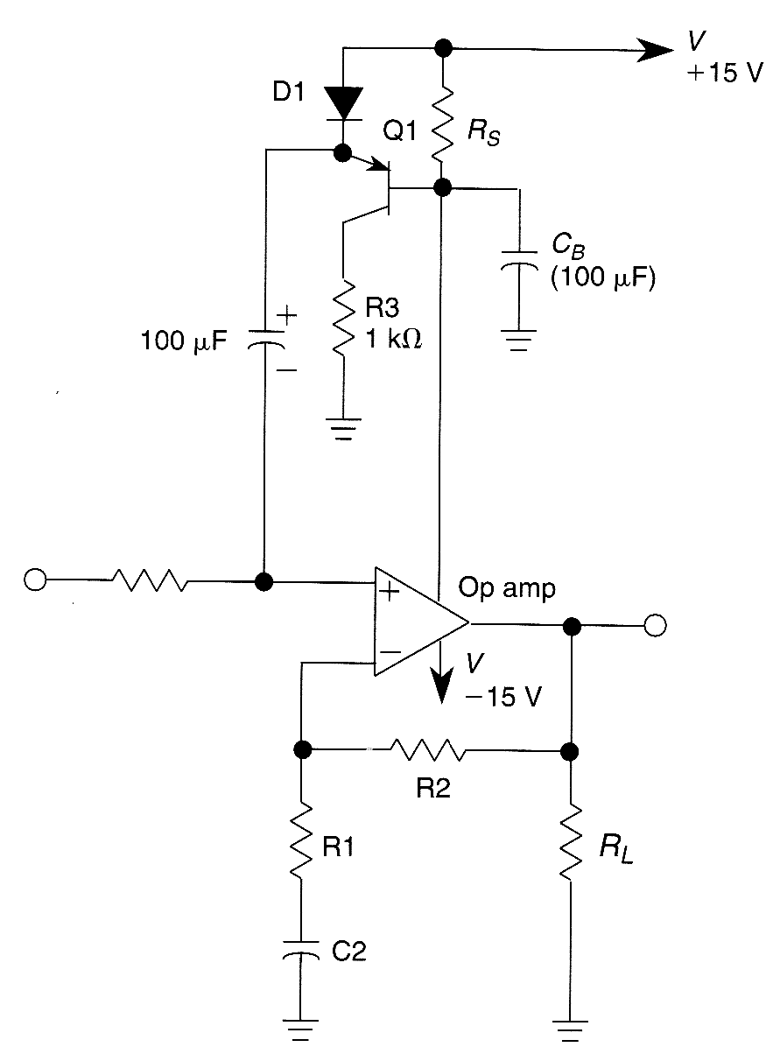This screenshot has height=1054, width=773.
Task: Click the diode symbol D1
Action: pyautogui.click(x=342, y=104)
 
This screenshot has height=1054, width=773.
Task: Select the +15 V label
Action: pyautogui.click(x=725, y=74)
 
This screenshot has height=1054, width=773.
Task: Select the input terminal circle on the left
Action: pyautogui.click(x=35, y=580)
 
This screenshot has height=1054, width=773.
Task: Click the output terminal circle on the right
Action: pyautogui.click(x=655, y=625)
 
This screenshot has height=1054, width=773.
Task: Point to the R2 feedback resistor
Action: pyautogui.click(x=428, y=750)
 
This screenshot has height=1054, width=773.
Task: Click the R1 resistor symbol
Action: pyautogui.click(x=301, y=841)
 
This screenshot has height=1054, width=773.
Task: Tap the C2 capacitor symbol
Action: pyautogui.click(x=301, y=952)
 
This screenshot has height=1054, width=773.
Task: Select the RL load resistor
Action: pyautogui.click(x=571, y=841)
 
